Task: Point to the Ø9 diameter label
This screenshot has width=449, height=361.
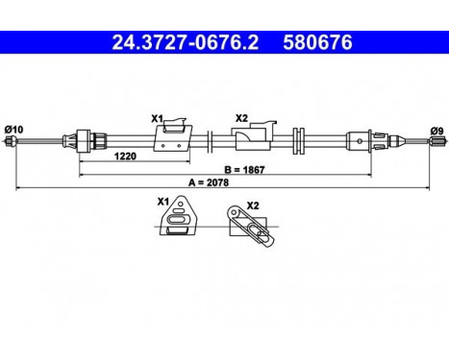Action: [435, 128]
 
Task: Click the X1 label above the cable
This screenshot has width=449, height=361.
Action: [157, 118]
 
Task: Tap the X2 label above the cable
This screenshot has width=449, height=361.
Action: [241, 118]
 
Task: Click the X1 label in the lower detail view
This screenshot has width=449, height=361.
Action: [162, 203]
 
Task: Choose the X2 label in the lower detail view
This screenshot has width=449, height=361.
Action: [252, 204]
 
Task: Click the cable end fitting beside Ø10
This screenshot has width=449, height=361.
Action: [12, 143]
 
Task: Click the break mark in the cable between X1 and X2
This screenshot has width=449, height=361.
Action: [209, 140]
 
